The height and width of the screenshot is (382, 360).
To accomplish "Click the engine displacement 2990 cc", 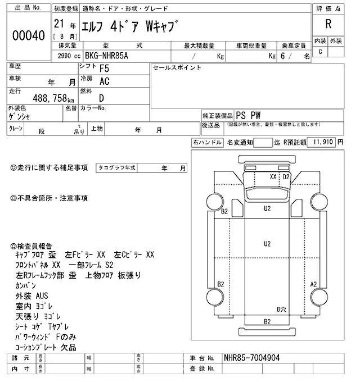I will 69,56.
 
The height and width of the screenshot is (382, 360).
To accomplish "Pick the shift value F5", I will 104,69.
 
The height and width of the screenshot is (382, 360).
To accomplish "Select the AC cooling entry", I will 104,81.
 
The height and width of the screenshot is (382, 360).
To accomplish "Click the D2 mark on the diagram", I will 286,176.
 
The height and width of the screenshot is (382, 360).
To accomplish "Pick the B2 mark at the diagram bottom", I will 267,321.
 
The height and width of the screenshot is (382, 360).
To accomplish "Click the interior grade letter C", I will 320,52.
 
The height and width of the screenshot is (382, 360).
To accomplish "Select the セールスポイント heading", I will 177,67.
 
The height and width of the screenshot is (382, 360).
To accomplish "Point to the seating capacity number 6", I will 289,56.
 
